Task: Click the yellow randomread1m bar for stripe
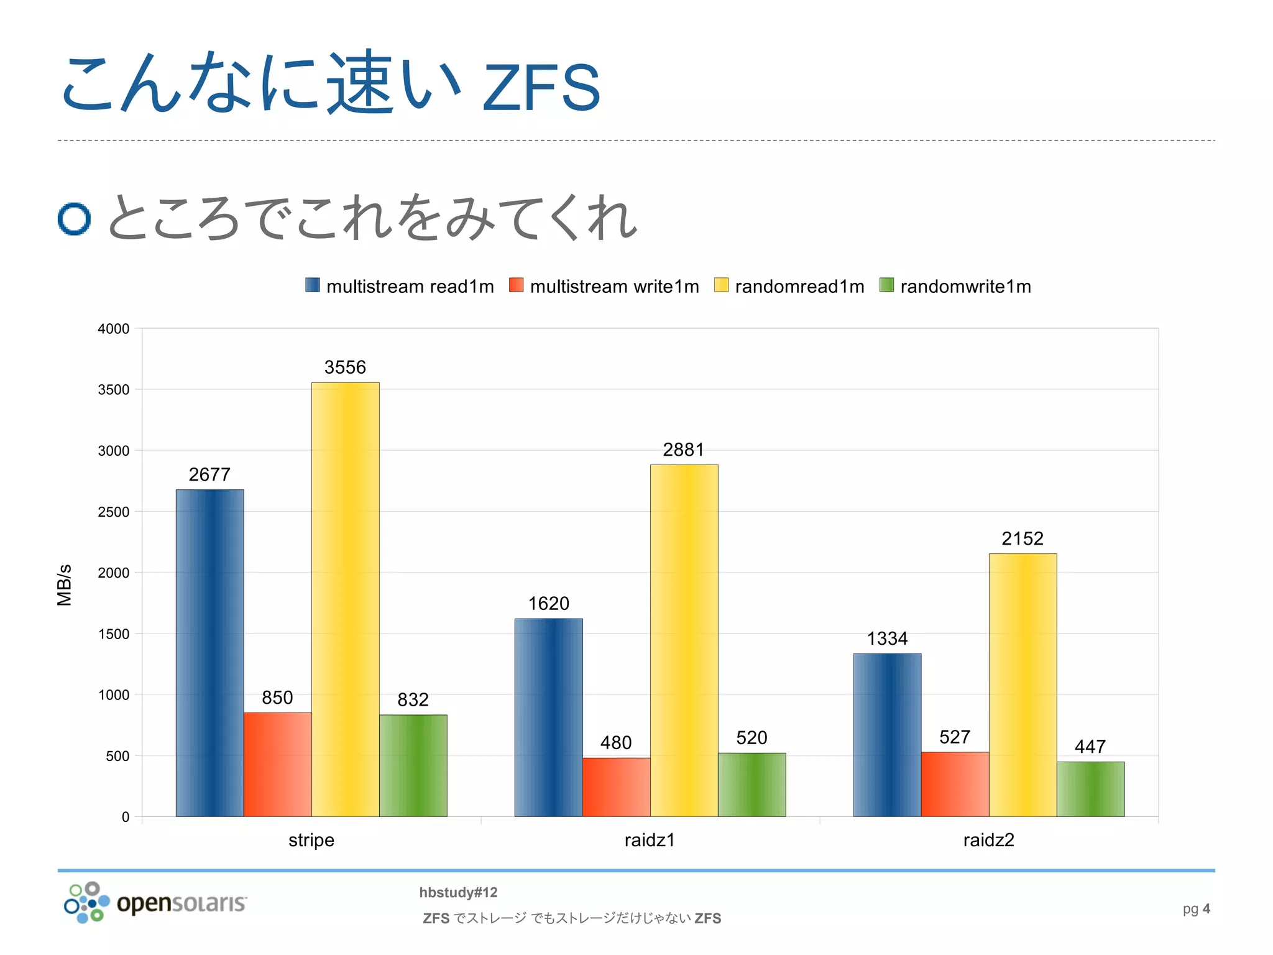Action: (x=345, y=599)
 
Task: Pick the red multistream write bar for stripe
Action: (x=277, y=764)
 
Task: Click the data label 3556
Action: (x=345, y=367)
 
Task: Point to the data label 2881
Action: (x=683, y=450)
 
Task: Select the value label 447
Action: (x=1090, y=746)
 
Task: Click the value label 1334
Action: (x=887, y=639)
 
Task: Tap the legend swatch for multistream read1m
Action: (x=313, y=285)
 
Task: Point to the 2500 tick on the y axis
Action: (x=113, y=512)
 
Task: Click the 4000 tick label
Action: (x=113, y=329)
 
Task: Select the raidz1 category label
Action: (x=650, y=840)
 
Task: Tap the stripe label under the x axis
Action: (x=311, y=840)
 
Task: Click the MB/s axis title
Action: (x=65, y=585)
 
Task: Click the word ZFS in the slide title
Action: (x=541, y=88)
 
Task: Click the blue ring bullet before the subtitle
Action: (x=74, y=219)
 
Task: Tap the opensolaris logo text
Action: (x=182, y=903)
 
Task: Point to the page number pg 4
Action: (x=1196, y=909)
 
